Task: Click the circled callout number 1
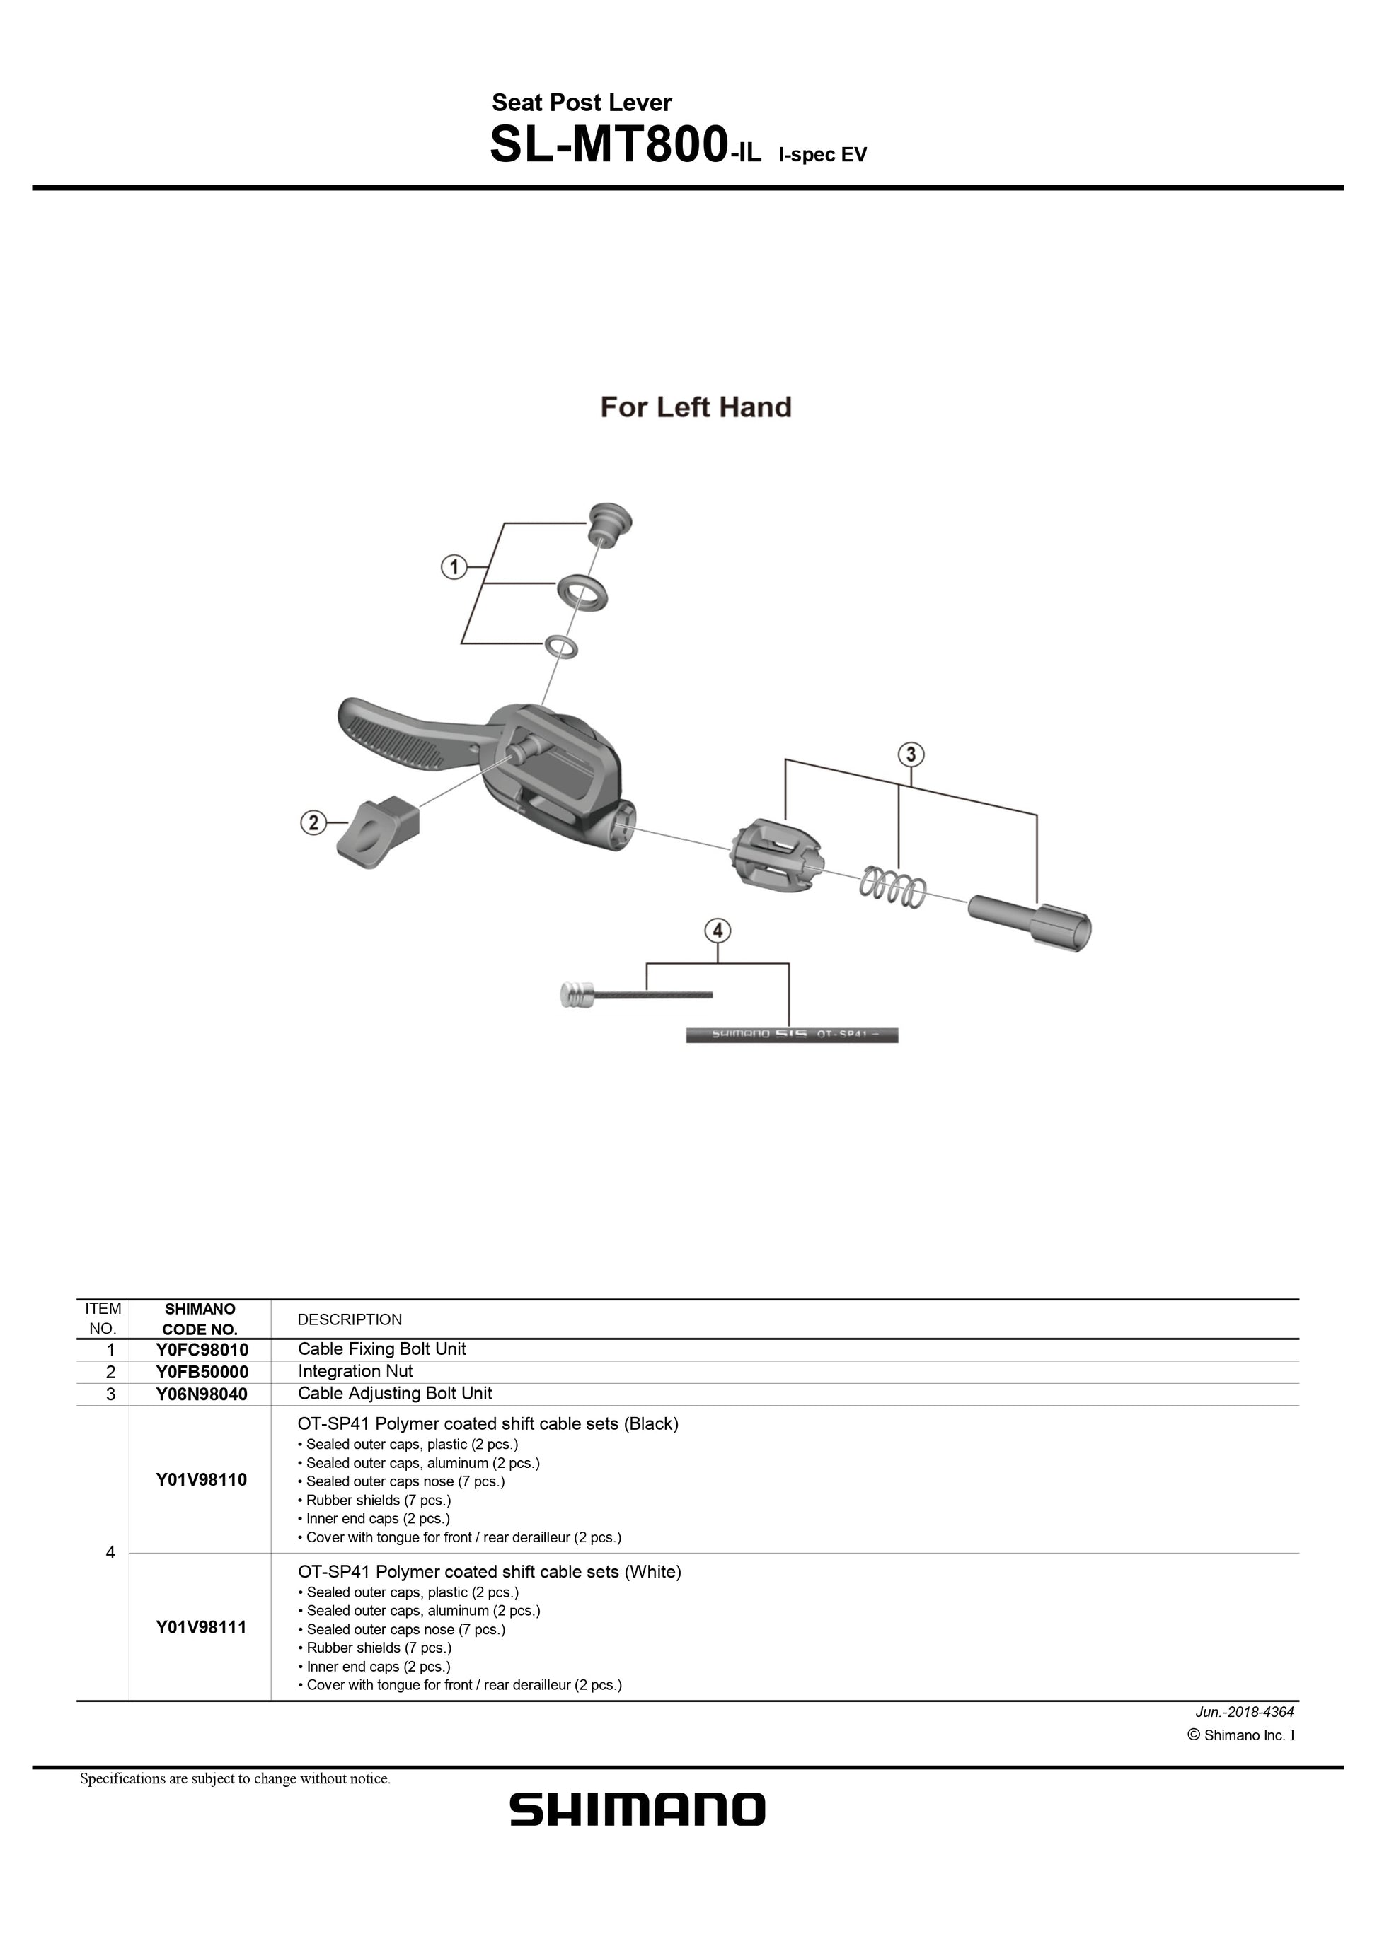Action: point(454,566)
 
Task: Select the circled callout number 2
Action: point(313,822)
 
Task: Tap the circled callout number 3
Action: point(911,754)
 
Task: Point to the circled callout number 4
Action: point(718,931)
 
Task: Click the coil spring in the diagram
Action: point(893,886)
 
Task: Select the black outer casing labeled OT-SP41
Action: point(791,1035)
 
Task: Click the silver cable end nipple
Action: point(577,994)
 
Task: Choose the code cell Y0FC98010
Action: point(201,1349)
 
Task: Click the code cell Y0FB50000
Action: point(201,1371)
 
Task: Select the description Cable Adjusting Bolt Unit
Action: point(394,1394)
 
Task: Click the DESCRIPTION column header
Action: point(350,1319)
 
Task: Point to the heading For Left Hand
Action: point(696,408)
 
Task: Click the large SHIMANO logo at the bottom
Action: point(638,1810)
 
